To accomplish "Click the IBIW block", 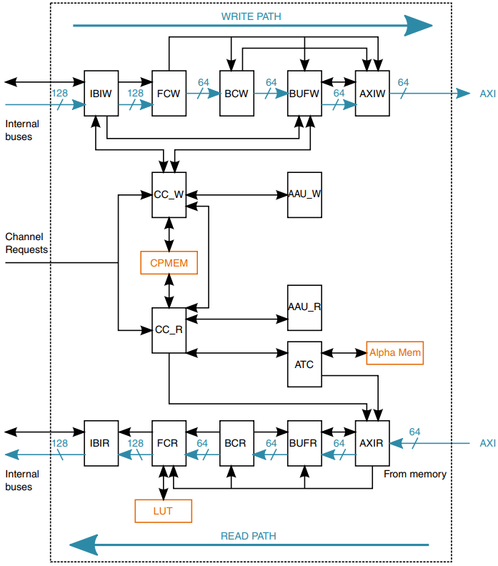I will click(101, 93).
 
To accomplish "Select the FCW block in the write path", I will click(169, 93).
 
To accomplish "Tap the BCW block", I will click(236, 93).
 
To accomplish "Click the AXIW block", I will click(372, 93).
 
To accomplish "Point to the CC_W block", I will click(169, 194).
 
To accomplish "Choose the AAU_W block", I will click(304, 194).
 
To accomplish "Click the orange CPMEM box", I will click(169, 263).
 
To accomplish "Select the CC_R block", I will click(169, 330).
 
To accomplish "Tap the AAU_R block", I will click(304, 307).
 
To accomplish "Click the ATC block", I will click(304, 364).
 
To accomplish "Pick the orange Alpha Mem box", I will click(395, 353).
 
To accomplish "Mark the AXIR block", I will click(372, 443).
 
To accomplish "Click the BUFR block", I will click(304, 443).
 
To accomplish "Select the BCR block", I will click(236, 443).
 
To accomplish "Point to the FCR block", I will click(169, 443).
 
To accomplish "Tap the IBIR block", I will click(101, 443).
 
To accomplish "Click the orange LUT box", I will click(163, 511).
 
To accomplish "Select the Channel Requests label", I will click(26, 243).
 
